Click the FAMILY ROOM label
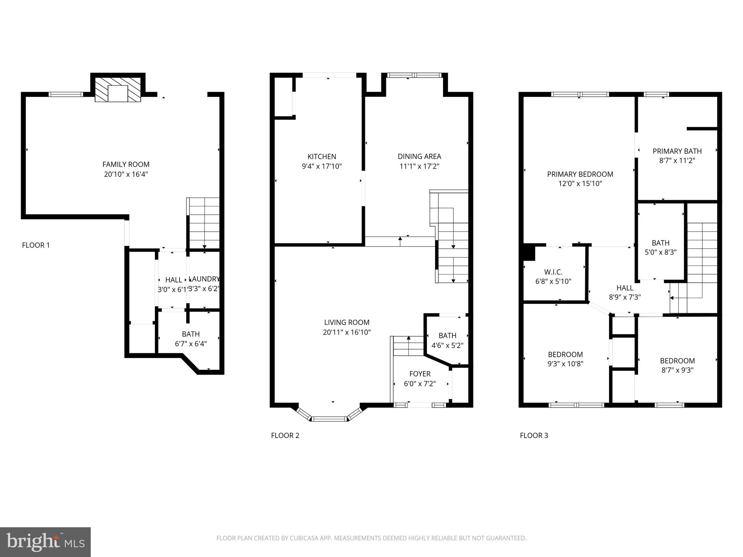tap(126, 164)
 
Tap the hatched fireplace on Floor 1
tap(118, 89)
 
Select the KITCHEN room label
tap(322, 157)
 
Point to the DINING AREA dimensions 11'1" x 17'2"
tap(419, 166)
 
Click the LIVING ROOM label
tap(346, 322)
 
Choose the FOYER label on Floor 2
tap(420, 374)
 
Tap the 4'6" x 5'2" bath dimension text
tap(447, 346)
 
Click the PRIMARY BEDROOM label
tap(580, 174)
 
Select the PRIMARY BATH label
tap(677, 151)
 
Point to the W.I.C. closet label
tap(553, 272)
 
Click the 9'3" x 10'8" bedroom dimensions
tap(565, 364)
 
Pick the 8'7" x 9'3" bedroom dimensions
tap(677, 370)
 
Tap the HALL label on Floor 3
tap(624, 288)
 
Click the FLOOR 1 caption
tap(36, 245)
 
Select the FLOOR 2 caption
tap(285, 436)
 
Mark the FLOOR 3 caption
tap(534, 436)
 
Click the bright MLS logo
tap(45, 542)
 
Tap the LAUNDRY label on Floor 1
tap(205, 279)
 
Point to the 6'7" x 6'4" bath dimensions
tap(190, 344)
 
